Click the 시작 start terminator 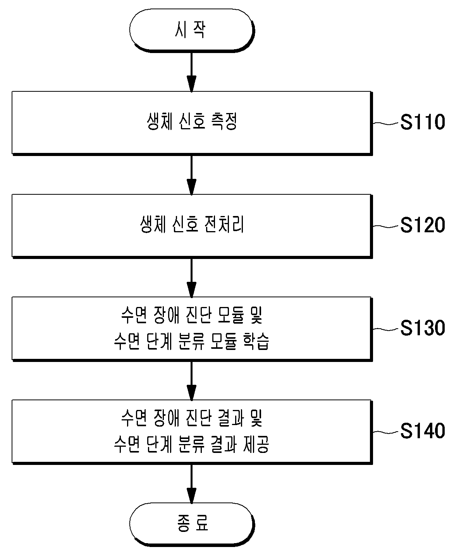[x=192, y=30]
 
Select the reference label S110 [x=423, y=122]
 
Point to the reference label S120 [x=423, y=225]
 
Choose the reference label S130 [x=423, y=328]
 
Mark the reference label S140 [x=423, y=430]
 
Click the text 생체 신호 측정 [x=192, y=121]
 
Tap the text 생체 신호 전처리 [x=192, y=224]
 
